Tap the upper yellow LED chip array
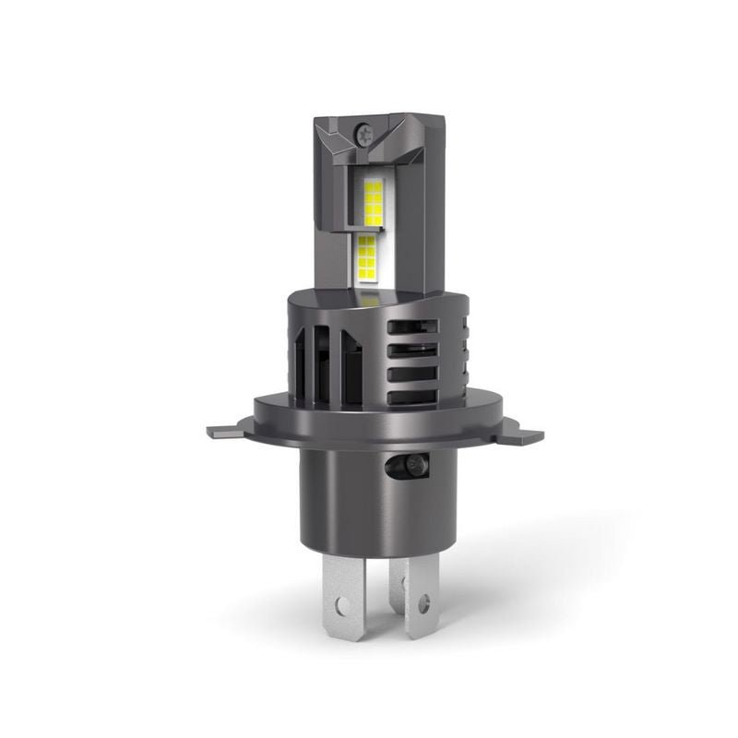(x=374, y=201)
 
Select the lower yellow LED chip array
(x=366, y=256)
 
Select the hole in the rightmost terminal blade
(x=423, y=606)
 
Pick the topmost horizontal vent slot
(x=412, y=327)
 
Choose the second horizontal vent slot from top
(x=412, y=351)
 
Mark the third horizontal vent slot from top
(x=412, y=375)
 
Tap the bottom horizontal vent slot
(x=412, y=397)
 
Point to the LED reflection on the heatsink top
(x=368, y=300)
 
